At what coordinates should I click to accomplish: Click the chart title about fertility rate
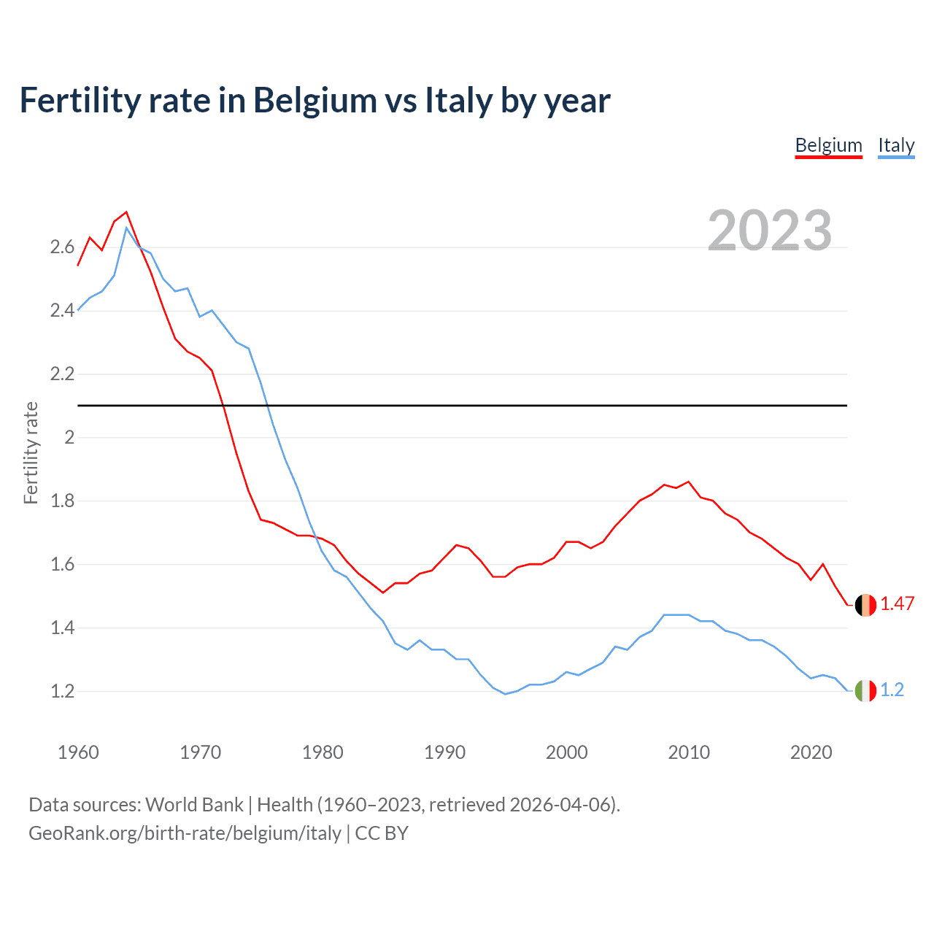click(314, 101)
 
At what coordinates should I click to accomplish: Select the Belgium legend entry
click(828, 145)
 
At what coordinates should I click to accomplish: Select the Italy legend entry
click(896, 145)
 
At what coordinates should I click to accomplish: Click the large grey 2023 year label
click(769, 231)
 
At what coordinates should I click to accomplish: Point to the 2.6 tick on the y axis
click(62, 247)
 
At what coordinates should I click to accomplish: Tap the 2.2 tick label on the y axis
click(62, 374)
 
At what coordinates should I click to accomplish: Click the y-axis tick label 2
click(69, 438)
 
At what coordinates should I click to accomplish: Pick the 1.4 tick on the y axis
click(62, 628)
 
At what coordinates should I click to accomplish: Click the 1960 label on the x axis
click(78, 752)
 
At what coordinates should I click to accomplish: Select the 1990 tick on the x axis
click(444, 752)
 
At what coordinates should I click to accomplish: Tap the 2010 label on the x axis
click(689, 752)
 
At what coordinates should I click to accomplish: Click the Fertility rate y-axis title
click(31, 452)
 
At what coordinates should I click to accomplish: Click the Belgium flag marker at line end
click(865, 605)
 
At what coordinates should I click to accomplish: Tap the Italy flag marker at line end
click(865, 690)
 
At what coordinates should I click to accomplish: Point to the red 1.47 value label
click(897, 604)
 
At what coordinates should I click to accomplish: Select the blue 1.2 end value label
click(892, 690)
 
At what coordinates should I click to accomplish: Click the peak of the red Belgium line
click(126, 212)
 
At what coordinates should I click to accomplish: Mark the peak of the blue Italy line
click(126, 228)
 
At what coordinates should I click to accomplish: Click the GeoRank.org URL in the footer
click(185, 833)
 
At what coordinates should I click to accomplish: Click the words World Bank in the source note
click(194, 805)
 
